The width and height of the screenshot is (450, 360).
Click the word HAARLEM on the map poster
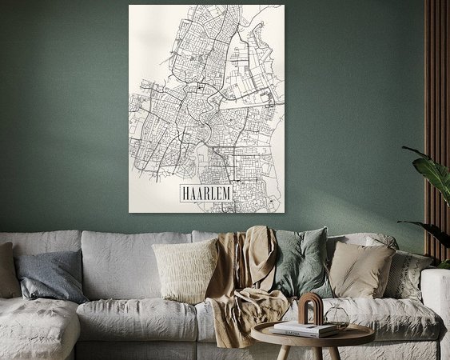tap(205, 193)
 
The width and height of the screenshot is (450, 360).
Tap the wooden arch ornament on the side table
tap(309, 308)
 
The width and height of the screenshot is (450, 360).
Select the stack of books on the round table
tap(304, 329)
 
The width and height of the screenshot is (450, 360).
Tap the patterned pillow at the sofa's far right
tap(408, 274)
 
